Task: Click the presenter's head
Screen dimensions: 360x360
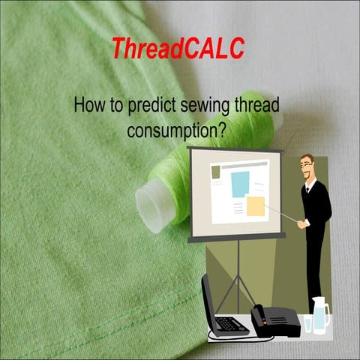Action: coord(307,166)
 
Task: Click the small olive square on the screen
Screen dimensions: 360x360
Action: coord(216,172)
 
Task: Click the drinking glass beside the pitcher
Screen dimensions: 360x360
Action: coord(307,323)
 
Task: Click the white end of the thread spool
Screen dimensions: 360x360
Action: coord(151,203)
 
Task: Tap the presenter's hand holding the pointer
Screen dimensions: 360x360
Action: coord(301,223)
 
